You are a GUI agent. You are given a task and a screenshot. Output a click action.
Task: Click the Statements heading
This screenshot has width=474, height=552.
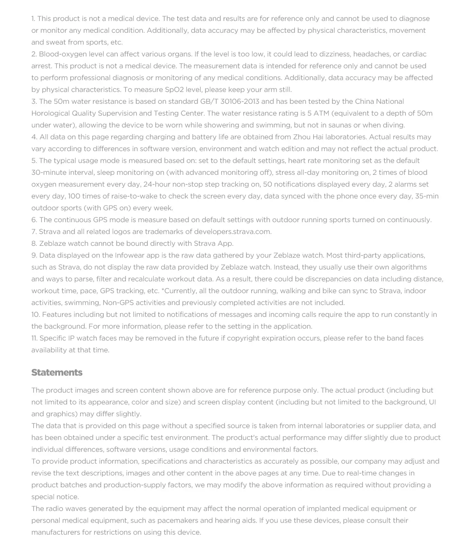tap(57, 372)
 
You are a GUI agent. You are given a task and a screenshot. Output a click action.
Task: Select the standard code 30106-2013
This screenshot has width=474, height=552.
tap(240, 101)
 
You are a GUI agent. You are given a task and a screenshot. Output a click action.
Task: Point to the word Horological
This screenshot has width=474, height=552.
tap(51, 113)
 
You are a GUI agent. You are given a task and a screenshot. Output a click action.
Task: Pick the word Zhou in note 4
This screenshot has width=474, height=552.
tap(301, 137)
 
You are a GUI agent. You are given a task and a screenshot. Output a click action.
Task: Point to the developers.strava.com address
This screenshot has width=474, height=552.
tap(232, 232)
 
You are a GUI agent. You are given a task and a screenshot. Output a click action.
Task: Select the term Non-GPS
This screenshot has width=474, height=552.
tap(118, 303)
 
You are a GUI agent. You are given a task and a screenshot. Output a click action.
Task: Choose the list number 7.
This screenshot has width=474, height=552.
tap(34, 232)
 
